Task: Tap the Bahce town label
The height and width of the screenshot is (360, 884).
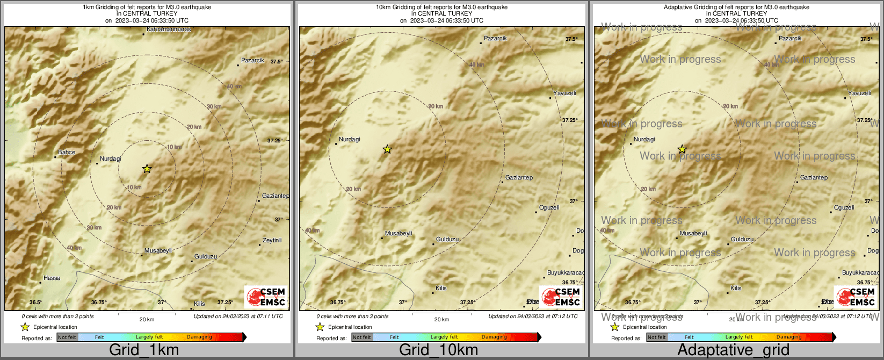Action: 67,152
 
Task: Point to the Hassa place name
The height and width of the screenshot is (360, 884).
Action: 52,278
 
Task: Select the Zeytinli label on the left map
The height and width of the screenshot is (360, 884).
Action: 272,240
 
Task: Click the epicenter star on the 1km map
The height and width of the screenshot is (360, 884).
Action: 147,169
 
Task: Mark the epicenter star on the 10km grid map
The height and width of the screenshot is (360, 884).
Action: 387,149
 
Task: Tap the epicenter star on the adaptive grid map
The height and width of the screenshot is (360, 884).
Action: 682,149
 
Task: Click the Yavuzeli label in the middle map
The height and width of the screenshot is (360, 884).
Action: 564,93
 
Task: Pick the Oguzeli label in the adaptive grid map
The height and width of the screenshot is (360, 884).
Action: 844,207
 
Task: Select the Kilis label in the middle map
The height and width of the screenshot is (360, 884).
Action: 441,288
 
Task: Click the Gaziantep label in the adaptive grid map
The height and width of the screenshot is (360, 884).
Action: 814,177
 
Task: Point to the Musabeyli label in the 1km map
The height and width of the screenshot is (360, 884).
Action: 158,250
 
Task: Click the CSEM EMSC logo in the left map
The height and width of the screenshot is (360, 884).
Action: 266,297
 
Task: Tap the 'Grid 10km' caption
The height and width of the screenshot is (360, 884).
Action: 438,350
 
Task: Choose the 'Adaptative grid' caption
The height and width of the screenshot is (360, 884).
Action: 733,350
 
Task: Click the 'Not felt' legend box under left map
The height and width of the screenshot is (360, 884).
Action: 67,337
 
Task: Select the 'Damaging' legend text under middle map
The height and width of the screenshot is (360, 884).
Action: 494,337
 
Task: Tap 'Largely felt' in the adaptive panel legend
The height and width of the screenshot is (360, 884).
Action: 739,337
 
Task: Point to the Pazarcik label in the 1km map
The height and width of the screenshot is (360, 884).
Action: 252,60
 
